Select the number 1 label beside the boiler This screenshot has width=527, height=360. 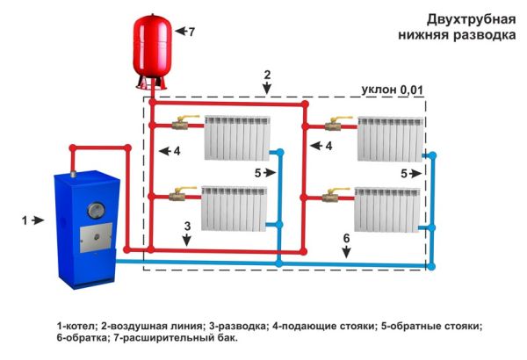25,220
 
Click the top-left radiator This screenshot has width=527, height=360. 235,138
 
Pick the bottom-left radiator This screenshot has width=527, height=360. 235,206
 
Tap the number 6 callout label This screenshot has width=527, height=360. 346,238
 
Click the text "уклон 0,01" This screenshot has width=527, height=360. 392,90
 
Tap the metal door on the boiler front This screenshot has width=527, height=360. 90,237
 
